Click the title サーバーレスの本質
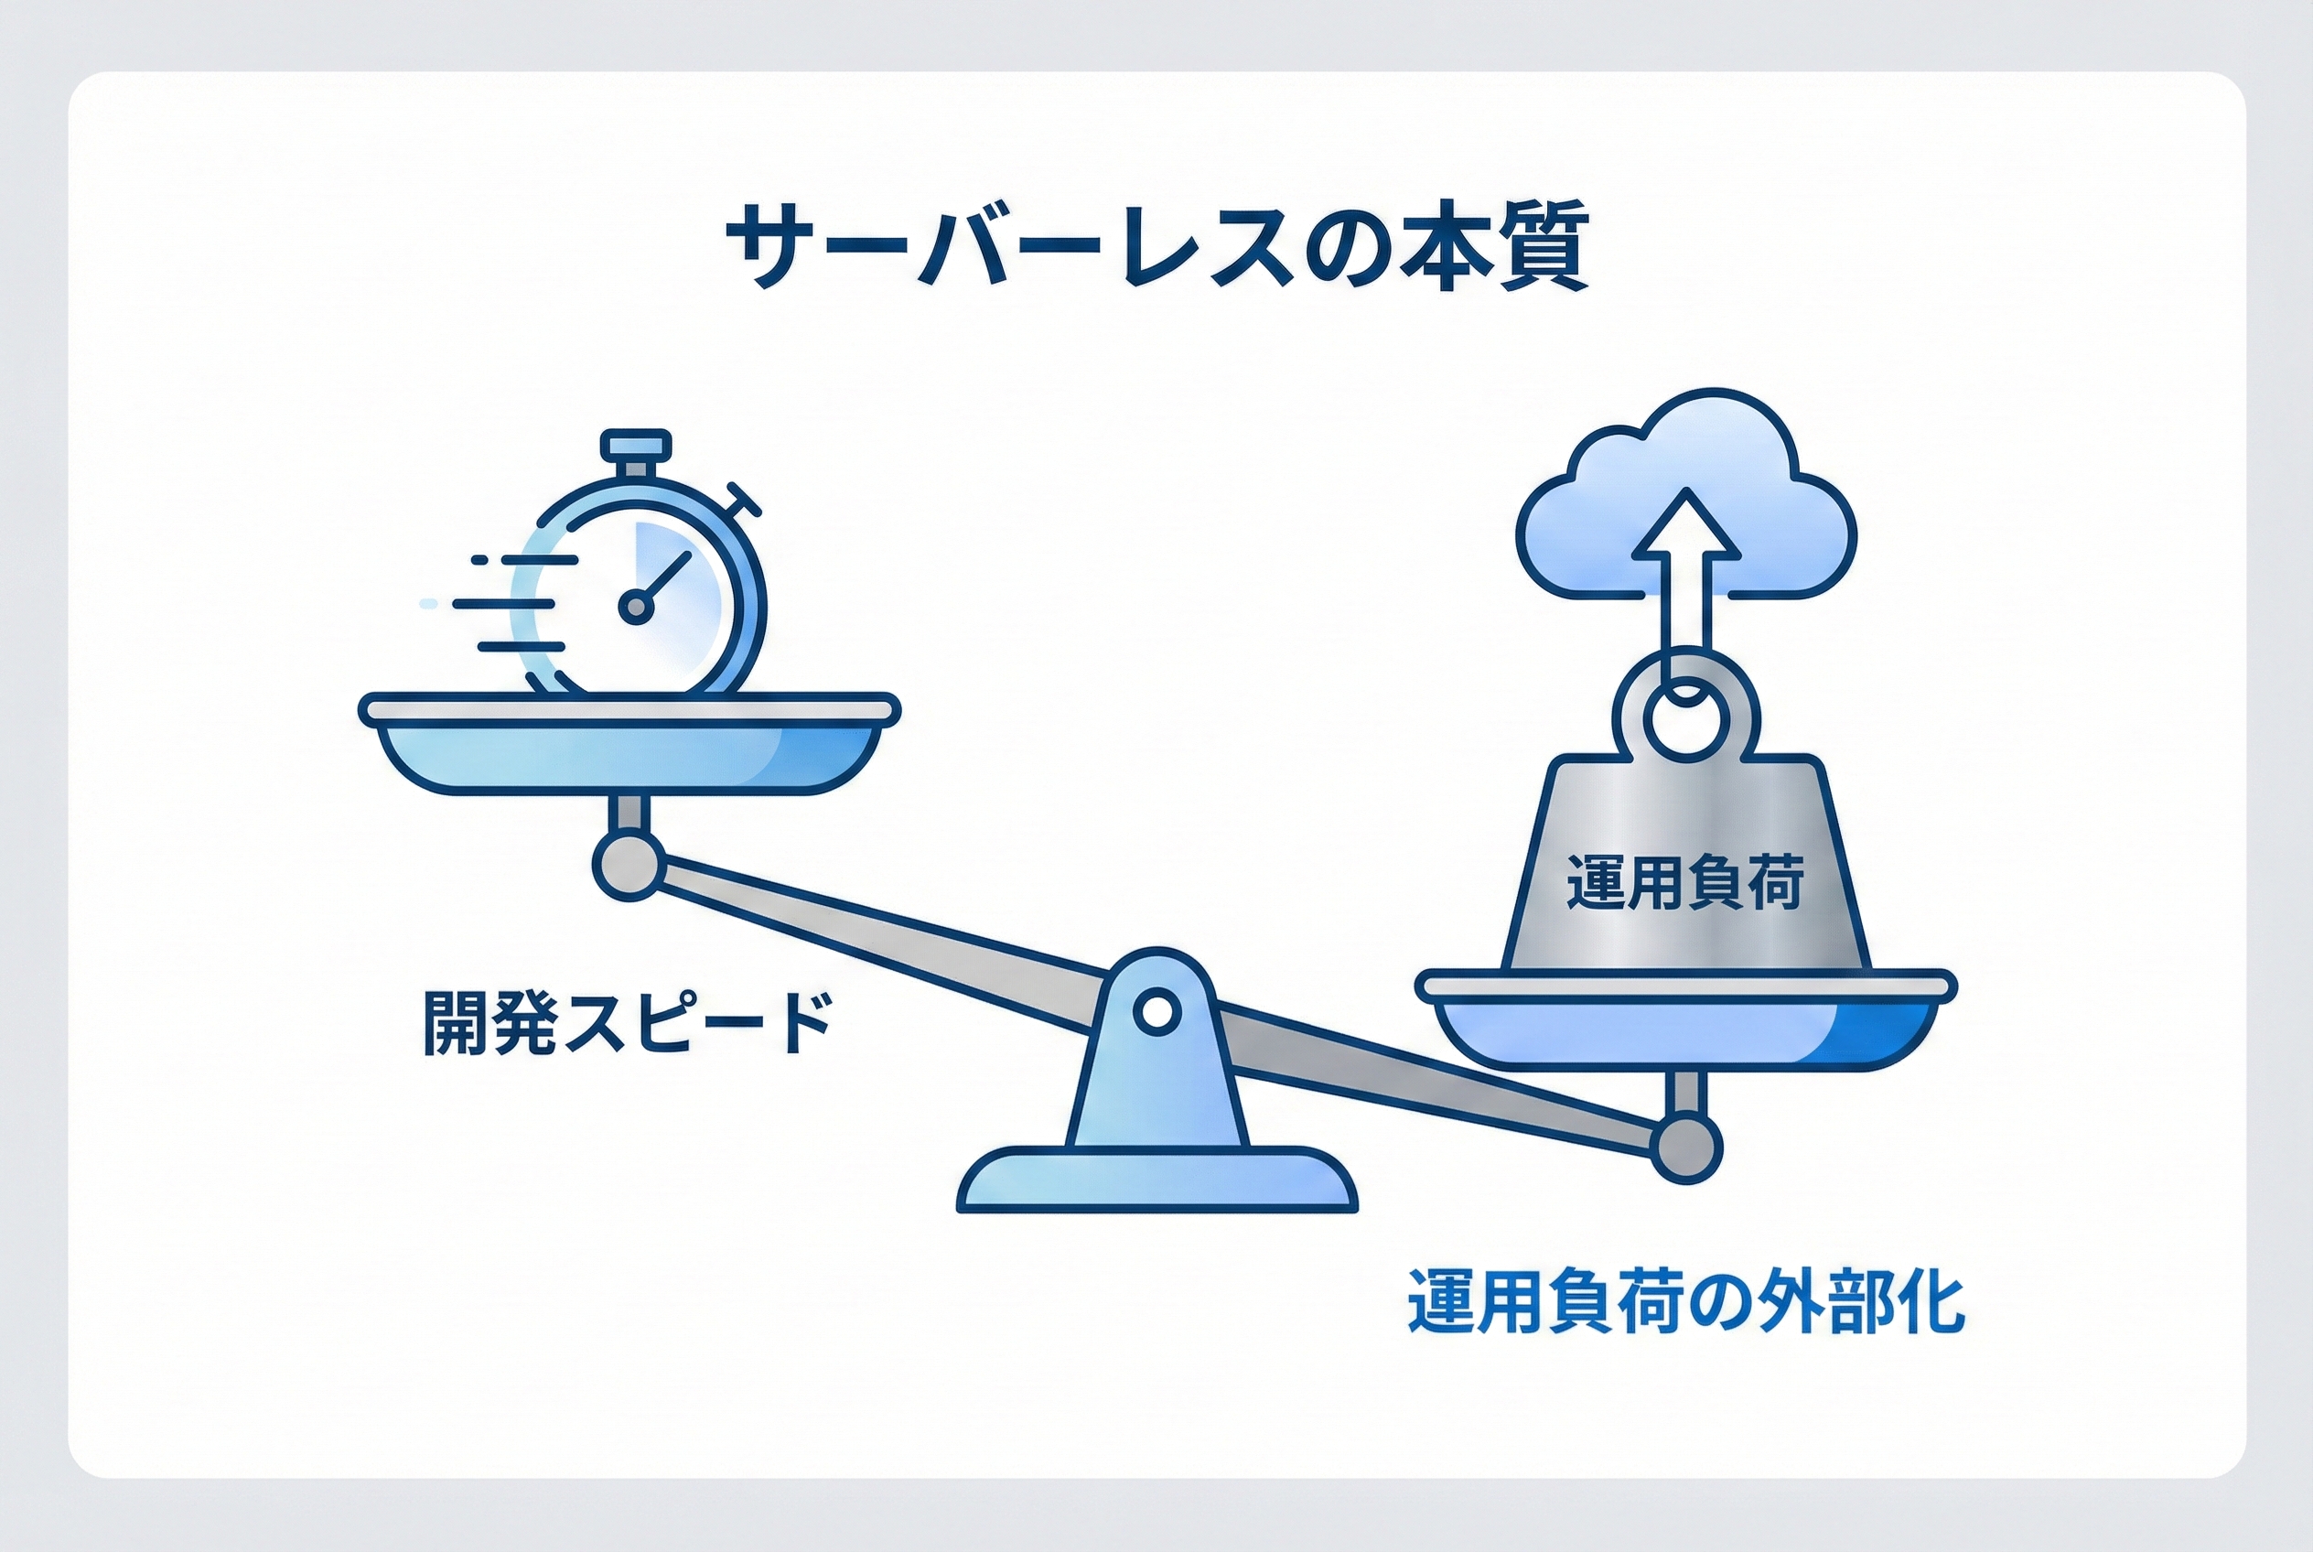(x=1156, y=248)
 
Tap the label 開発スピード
(x=626, y=1023)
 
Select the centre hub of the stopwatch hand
(x=637, y=605)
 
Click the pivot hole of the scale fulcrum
(x=1156, y=1011)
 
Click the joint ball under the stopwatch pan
(x=628, y=865)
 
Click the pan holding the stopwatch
(x=629, y=752)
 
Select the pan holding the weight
(x=1685, y=1029)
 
